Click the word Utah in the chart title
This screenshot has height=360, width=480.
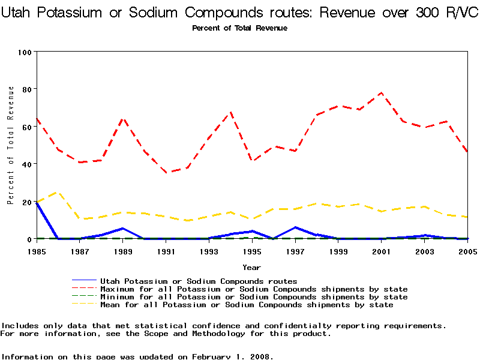coord(20,13)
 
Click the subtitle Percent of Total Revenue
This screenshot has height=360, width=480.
coord(239,28)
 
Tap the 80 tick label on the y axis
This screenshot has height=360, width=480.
coord(26,89)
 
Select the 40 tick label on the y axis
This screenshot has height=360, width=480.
coord(26,164)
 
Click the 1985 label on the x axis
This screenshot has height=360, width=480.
coord(37,252)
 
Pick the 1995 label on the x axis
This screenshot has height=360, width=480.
coord(252,252)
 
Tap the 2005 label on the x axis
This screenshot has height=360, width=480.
coord(467,252)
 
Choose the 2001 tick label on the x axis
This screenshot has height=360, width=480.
coord(382,252)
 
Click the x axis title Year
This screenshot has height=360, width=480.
coord(251,267)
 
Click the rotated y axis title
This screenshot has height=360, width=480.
coord(10,145)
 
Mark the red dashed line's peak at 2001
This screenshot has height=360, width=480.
coord(382,93)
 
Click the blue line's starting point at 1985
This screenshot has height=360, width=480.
coord(37,203)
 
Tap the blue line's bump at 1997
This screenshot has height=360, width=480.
coord(295,227)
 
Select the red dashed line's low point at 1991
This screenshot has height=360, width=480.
coord(166,173)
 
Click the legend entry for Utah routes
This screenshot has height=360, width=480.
coord(198,281)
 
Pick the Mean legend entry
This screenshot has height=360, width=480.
coord(246,305)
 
